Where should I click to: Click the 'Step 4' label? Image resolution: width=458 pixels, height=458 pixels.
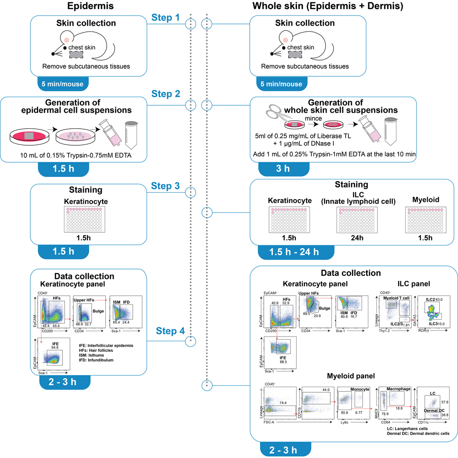pos(171,330)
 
